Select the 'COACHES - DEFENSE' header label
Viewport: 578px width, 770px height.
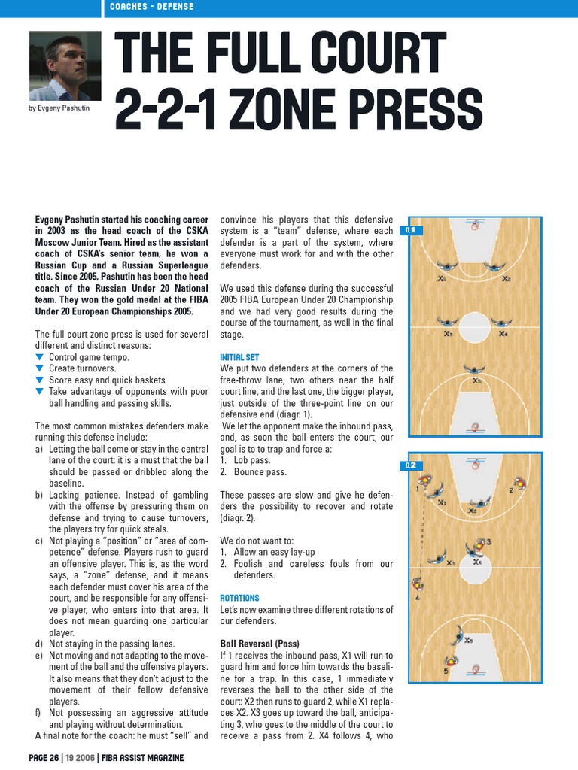tap(151, 7)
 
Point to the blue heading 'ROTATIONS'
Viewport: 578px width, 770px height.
tap(239, 598)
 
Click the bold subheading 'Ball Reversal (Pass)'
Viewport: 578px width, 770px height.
tap(260, 644)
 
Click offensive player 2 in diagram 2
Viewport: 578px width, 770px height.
tap(517, 485)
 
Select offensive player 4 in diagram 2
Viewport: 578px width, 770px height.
tap(416, 586)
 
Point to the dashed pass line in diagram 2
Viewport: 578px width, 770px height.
tap(421, 530)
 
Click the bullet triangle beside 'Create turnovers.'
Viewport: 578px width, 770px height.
tap(40, 368)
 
